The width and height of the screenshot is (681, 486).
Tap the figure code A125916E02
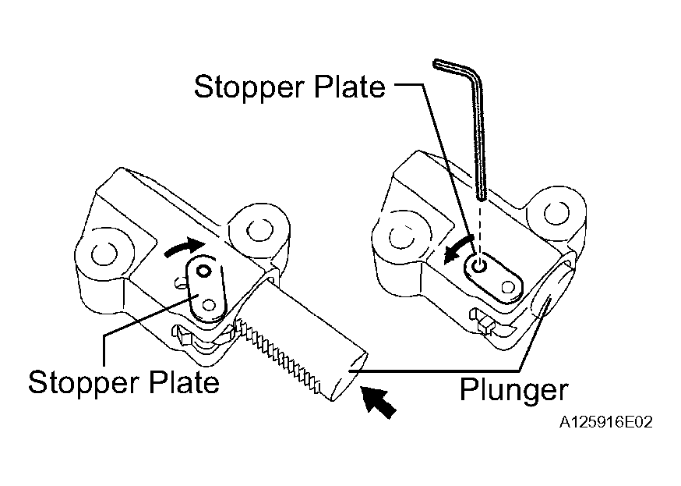[605, 422]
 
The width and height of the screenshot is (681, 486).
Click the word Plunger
[513, 390]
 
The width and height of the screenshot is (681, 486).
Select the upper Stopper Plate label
[289, 87]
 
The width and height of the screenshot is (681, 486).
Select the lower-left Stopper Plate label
[124, 382]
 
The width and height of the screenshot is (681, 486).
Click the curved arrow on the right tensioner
[457, 249]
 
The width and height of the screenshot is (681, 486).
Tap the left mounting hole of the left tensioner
[104, 254]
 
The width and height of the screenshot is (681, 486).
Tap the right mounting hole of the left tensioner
[259, 229]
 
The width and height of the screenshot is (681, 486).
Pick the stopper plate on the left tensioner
[206, 289]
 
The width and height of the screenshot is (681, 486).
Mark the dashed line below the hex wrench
[480, 228]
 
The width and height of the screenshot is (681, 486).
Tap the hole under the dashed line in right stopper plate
[479, 265]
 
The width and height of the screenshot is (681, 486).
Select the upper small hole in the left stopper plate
[203, 271]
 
